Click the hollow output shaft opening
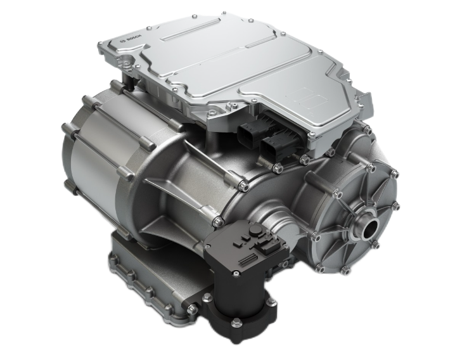click(x=370, y=229)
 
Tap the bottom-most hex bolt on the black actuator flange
click(x=236, y=322)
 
